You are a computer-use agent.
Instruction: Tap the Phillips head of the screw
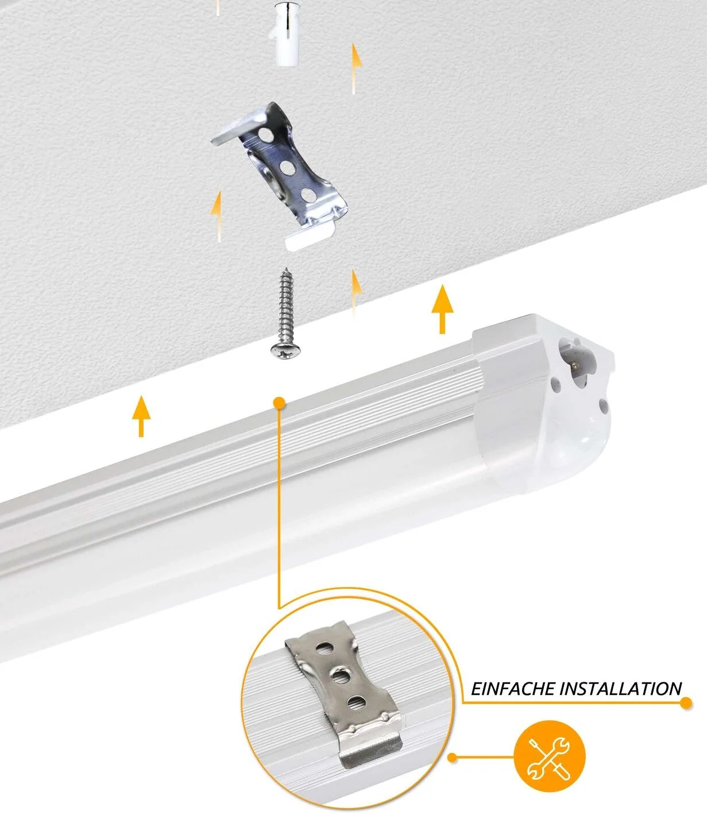285,350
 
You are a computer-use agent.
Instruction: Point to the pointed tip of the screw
285,269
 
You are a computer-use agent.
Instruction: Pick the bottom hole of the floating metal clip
308,195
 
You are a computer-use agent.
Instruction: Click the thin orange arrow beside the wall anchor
356,68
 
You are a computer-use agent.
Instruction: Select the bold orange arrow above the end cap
442,309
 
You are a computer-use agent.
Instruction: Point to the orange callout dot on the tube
279,403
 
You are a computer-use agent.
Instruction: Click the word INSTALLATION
621,689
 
